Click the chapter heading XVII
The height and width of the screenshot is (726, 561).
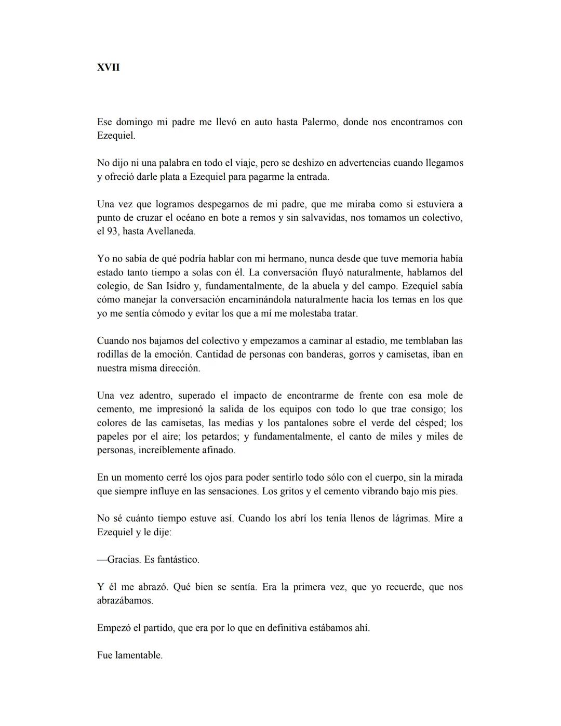pyautogui.click(x=108, y=68)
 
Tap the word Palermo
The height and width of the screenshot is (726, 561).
pyautogui.click(x=319, y=122)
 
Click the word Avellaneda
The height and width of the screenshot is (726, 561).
pyautogui.click(x=171, y=231)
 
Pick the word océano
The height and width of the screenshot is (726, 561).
pyautogui.click(x=194, y=218)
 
